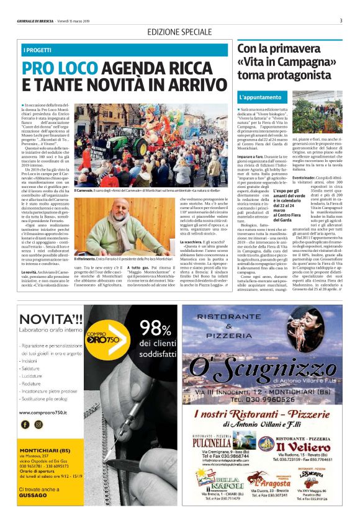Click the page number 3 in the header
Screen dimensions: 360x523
(341, 20)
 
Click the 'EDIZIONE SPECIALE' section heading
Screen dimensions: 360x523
(179, 32)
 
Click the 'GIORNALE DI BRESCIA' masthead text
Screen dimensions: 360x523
(37, 21)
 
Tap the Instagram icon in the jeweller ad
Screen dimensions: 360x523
(38, 425)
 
